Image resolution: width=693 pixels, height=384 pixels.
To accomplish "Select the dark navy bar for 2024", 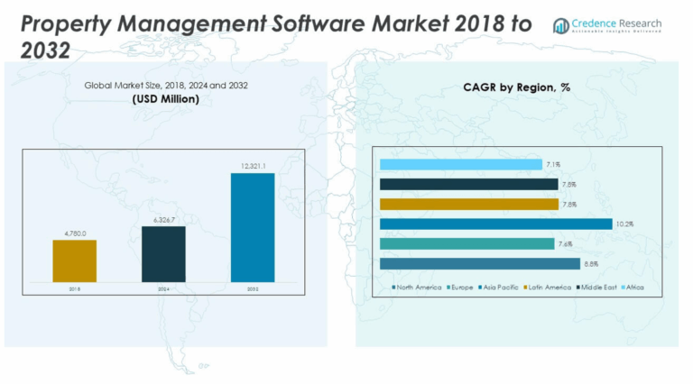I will coord(163,253).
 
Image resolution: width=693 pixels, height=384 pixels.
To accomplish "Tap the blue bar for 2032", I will coord(253,227).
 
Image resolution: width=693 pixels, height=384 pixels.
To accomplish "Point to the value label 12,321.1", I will coord(253,166).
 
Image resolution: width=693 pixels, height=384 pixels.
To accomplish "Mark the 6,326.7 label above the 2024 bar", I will coord(163,219).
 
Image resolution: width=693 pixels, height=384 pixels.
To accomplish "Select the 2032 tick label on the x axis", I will coord(253,288).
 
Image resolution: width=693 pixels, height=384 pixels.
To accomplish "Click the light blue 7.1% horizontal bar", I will coord(460,164).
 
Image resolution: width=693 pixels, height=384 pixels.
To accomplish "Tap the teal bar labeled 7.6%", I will coord(467,243).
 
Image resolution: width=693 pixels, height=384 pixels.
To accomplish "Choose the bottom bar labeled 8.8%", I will coord(479,263).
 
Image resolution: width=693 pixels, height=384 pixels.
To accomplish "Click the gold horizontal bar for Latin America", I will coord(468,204).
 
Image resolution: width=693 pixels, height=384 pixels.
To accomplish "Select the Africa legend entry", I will coord(643,288).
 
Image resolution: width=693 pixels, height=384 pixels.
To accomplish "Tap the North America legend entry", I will coord(418,288).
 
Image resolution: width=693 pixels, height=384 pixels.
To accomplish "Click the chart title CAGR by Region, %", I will coord(517,88).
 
